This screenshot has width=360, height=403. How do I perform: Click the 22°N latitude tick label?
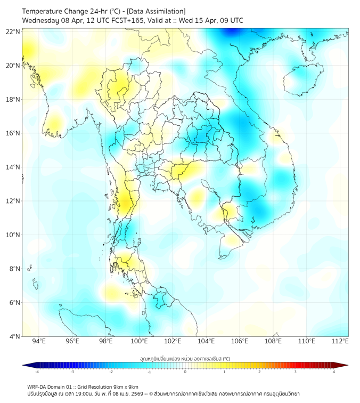[x=13, y=31]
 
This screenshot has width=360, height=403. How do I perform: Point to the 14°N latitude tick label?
[x=13, y=167]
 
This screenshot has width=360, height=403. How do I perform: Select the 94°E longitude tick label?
[x=39, y=341]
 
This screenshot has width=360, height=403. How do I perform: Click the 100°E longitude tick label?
[x=139, y=341]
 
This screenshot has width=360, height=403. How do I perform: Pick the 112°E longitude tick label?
[x=340, y=341]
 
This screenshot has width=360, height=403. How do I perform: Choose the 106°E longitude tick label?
[x=240, y=341]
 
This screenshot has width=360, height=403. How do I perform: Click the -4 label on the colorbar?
[x=36, y=372]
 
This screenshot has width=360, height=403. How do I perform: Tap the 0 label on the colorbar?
[x=185, y=372]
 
